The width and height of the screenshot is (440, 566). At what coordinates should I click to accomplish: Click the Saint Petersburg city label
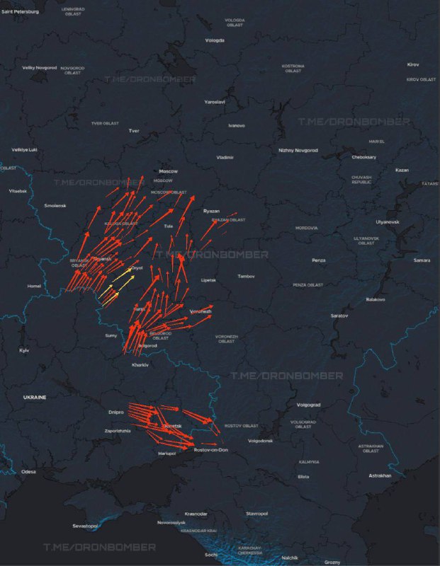click(x=20, y=11)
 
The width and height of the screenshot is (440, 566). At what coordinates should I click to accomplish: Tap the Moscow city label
click(x=168, y=171)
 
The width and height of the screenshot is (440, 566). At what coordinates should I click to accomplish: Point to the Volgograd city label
click(x=309, y=405)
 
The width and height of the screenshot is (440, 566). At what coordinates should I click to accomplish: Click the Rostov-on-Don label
click(x=210, y=450)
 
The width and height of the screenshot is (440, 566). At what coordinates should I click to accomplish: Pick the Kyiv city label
click(x=24, y=350)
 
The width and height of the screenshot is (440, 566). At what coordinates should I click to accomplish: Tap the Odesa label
click(x=28, y=471)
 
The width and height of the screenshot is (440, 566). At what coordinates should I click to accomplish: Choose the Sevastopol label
click(x=84, y=526)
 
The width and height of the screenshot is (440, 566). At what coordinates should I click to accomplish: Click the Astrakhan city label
click(x=380, y=475)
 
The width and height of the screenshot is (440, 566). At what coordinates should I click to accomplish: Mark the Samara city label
click(x=422, y=260)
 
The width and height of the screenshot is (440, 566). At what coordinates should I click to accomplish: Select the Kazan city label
click(x=402, y=170)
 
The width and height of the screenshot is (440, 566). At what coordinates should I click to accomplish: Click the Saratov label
click(x=339, y=316)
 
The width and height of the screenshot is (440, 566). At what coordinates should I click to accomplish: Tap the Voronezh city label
click(x=201, y=311)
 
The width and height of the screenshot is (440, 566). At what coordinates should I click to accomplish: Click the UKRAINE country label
click(x=34, y=398)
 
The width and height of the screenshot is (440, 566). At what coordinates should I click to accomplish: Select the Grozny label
click(x=332, y=562)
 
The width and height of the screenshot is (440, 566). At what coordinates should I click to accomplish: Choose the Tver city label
click(x=134, y=131)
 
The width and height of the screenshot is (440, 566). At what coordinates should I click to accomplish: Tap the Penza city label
click(x=319, y=260)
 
